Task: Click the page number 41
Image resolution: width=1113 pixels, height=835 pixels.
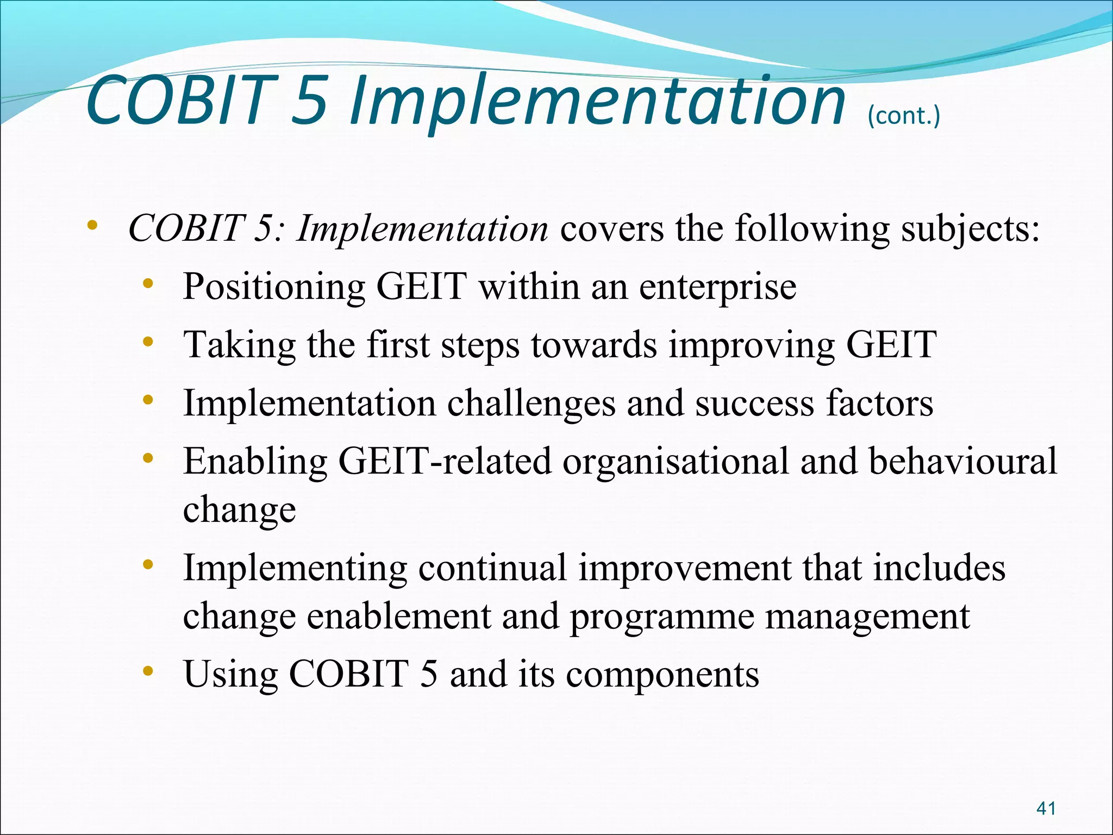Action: click(1046, 808)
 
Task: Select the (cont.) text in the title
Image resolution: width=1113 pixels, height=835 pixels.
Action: click(903, 116)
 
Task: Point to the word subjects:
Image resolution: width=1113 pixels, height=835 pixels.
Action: click(970, 228)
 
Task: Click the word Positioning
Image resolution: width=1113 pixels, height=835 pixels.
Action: click(274, 286)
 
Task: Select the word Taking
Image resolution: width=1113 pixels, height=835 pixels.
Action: click(239, 345)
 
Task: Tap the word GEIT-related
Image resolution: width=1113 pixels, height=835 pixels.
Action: click(445, 462)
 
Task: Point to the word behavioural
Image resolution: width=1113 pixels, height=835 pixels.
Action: click(962, 462)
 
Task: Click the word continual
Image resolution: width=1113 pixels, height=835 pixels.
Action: click(492, 568)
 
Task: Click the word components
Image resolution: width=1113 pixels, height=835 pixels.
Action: click(662, 674)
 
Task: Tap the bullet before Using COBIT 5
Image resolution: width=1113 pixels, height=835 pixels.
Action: click(147, 672)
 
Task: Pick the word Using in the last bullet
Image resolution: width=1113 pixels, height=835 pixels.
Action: click(230, 674)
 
